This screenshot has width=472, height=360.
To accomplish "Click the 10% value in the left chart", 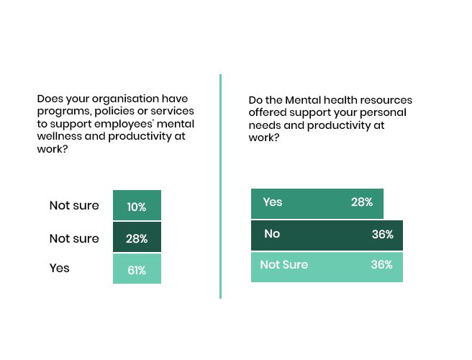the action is point(137,207).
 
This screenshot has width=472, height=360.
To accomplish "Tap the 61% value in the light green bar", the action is point(137,270).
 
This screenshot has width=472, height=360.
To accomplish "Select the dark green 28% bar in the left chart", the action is point(137,237).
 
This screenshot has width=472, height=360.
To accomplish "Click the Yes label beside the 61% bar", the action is point(59,268).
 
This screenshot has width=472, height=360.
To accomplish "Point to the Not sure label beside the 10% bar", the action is point(74,205).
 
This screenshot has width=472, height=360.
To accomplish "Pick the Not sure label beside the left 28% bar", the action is point(74,238).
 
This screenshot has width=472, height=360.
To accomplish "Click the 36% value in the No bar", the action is point(382,234).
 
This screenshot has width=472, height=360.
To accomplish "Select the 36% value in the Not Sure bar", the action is point(381,264).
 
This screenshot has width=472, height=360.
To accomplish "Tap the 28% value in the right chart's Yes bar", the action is point(362,202).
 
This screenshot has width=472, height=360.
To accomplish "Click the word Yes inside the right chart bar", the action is point(273,202).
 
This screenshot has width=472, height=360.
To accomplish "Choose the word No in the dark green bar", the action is point(272,233).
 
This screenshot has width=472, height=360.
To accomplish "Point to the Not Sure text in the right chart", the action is point(284,264).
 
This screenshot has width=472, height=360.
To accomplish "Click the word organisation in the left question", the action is point(125,99).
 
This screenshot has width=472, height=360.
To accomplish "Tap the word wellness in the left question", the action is point(59,136).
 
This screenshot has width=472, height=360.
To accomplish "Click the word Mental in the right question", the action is point(303,100).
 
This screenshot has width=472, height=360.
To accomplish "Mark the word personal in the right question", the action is point(383,112).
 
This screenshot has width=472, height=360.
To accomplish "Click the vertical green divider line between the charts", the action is point(221,186).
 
